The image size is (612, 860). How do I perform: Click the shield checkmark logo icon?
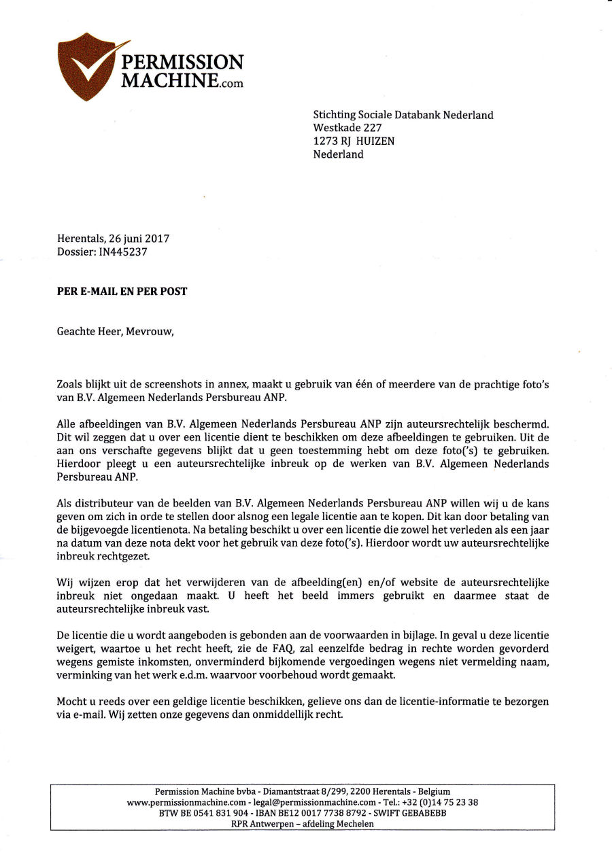[x=86, y=67]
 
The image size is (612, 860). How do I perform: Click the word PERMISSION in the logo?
[x=182, y=63]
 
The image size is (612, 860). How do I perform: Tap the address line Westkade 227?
[x=347, y=128]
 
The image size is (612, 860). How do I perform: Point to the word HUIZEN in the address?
[x=375, y=141]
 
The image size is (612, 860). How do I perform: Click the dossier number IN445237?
[x=123, y=252]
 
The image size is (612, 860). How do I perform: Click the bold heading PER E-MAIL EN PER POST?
[x=122, y=292]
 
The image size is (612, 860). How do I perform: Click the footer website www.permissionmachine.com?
[x=186, y=802]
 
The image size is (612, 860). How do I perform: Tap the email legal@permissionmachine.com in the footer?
[x=312, y=802]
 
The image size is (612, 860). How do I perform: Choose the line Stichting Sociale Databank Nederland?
[x=403, y=115]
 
